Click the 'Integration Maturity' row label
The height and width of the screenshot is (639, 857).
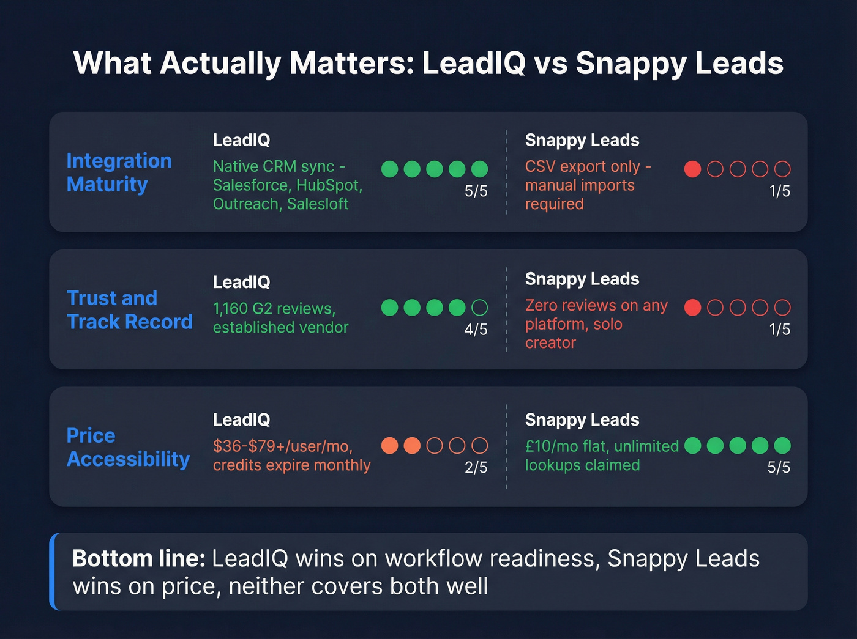[119, 172]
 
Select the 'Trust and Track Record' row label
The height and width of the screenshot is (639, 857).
[129, 309]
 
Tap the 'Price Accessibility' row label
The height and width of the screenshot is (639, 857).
[128, 447]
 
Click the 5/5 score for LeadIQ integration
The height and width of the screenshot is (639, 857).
[476, 191]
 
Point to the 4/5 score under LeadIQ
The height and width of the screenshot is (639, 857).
[476, 329]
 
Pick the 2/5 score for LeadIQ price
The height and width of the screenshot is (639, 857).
[476, 467]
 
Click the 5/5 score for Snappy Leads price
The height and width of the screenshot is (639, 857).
[779, 467]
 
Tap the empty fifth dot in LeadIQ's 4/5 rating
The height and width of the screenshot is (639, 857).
[480, 307]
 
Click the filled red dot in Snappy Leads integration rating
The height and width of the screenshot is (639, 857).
[692, 169]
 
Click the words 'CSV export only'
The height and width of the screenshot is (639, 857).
[582, 166]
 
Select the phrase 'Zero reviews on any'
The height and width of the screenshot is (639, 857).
[596, 305]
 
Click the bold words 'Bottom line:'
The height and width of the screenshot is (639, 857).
[138, 558]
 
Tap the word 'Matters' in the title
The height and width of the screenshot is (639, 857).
[352, 63]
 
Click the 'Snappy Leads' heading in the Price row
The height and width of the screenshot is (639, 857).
[582, 419]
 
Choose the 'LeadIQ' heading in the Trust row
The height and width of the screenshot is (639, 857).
[241, 282]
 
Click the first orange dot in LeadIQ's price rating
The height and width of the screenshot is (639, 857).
[390, 445]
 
